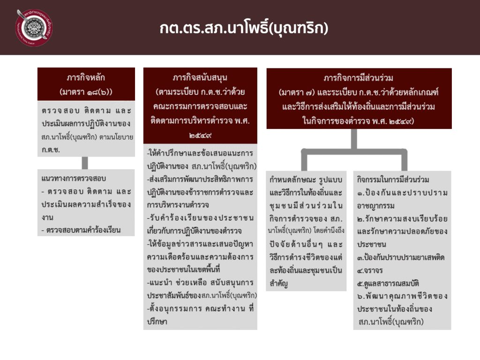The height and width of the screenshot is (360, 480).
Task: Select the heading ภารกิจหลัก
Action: click(x=86, y=77)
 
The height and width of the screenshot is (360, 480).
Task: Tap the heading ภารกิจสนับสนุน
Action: click(x=200, y=77)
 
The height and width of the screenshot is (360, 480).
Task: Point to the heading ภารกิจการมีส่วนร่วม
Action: click(x=359, y=77)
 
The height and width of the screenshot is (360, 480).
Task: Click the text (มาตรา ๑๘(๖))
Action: click(x=86, y=90)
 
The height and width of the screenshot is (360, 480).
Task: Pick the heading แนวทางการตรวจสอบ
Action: click(x=74, y=179)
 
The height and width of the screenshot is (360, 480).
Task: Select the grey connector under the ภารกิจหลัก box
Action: click(x=85, y=163)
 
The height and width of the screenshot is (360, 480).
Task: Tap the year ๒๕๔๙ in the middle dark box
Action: click(x=200, y=136)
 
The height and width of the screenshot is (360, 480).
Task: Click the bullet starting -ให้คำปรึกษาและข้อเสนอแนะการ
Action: click(x=200, y=153)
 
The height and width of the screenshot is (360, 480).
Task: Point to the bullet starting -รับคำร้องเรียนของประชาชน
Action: click(x=200, y=217)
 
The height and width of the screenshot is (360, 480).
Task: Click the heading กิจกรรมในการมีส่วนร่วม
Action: click(x=393, y=180)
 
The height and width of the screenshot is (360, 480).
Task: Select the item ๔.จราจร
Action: click(x=370, y=270)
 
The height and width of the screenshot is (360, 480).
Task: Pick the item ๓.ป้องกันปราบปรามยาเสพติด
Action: click(x=401, y=257)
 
